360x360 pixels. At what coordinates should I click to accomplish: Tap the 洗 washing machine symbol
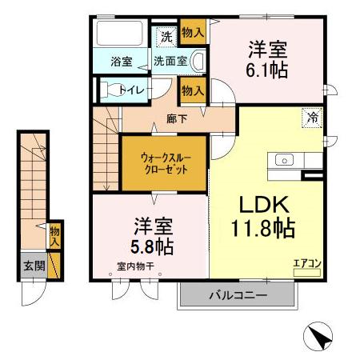pyautogui.click(x=166, y=36)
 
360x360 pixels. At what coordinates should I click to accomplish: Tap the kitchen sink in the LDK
pyautogui.click(x=286, y=160)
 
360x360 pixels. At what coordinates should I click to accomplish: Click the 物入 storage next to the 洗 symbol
pyautogui.click(x=192, y=34)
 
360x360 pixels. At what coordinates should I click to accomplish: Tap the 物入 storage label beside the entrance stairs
pyautogui.click(x=55, y=235)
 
